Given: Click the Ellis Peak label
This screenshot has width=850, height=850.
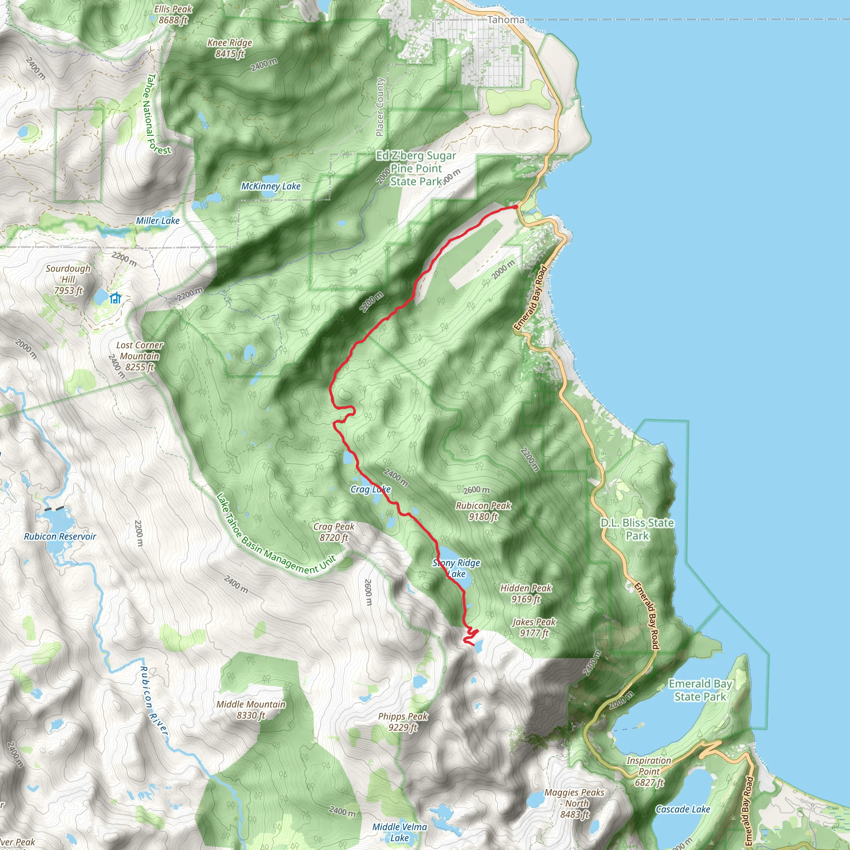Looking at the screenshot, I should click(x=173, y=15).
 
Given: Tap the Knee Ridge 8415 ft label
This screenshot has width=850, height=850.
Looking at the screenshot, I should click(x=230, y=48).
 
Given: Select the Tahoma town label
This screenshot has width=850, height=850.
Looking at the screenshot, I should click(x=506, y=20).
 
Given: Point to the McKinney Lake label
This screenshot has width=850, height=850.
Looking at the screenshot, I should click(x=271, y=186).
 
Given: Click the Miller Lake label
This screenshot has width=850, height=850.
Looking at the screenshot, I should click(x=157, y=220).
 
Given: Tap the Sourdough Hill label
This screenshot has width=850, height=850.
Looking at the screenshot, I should click(x=68, y=279).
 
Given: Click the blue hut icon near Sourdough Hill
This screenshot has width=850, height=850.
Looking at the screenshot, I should click(x=115, y=298).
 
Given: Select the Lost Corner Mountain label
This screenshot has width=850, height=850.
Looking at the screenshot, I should click(x=139, y=356).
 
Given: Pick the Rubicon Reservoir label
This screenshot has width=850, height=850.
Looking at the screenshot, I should click(x=60, y=536).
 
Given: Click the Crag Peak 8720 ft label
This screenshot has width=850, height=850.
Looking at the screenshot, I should click(x=334, y=532).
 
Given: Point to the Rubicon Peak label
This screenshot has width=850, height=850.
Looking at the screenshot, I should click(x=483, y=511).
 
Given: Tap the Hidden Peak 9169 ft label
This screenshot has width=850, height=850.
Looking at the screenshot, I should click(x=526, y=593).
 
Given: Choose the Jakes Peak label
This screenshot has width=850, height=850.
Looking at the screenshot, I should click(x=534, y=628).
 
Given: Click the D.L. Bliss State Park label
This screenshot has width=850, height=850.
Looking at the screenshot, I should click(x=637, y=529).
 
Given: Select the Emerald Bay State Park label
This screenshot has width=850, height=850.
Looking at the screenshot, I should click(x=700, y=690).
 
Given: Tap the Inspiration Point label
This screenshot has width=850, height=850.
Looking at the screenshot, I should click(x=649, y=771).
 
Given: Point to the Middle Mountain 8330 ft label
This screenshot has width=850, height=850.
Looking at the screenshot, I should click(x=251, y=710).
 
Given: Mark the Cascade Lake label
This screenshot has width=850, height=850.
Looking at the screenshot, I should click(x=683, y=809).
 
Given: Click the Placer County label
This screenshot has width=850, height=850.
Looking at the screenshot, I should click(x=380, y=107).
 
